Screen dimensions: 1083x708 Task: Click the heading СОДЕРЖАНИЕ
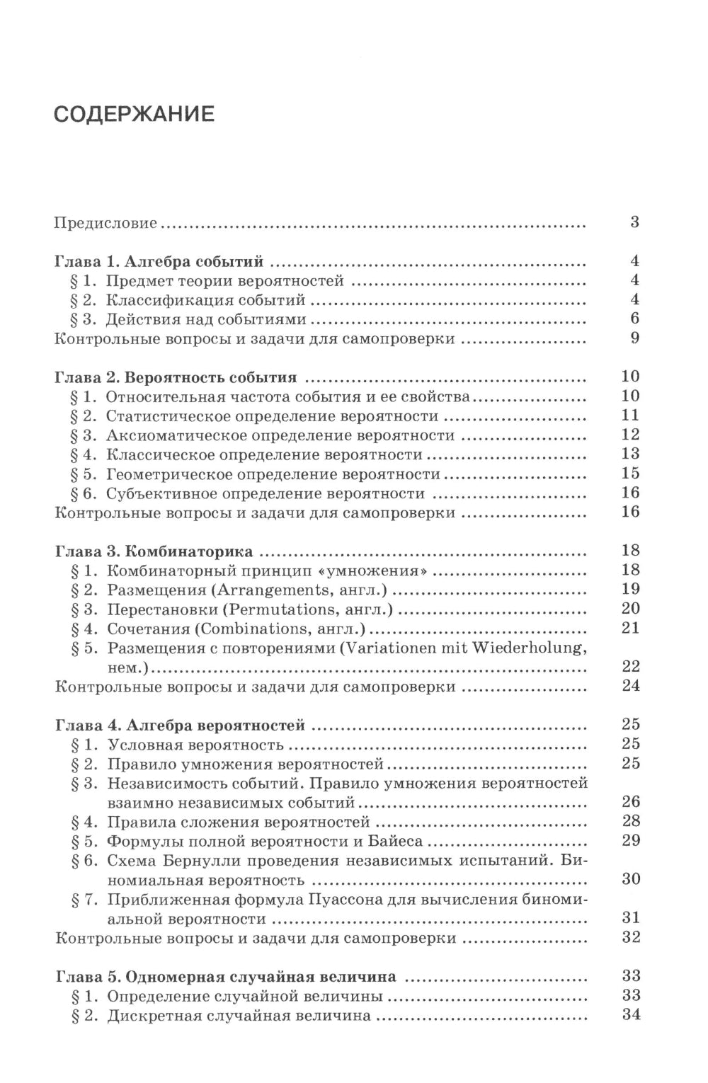pyautogui.click(x=135, y=114)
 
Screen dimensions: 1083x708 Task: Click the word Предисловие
pyautogui.click(x=105, y=223)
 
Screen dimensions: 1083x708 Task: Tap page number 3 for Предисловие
pyautogui.click(x=634, y=222)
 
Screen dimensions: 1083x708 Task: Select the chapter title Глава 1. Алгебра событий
pyautogui.click(x=159, y=262)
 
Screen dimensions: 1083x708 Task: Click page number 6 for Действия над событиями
pyautogui.click(x=634, y=319)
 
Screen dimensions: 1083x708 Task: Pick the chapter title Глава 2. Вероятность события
pyautogui.click(x=175, y=377)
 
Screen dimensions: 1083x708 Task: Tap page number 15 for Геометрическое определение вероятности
pyautogui.click(x=629, y=474)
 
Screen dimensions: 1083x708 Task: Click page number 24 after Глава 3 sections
pyautogui.click(x=629, y=686)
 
